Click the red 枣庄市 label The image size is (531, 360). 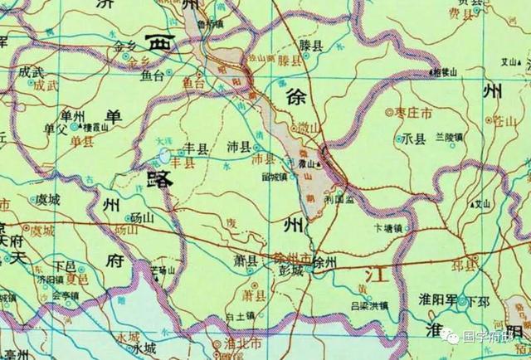pyautogui.click(x=412, y=110)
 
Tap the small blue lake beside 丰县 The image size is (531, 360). pyautogui.click(x=164, y=155)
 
